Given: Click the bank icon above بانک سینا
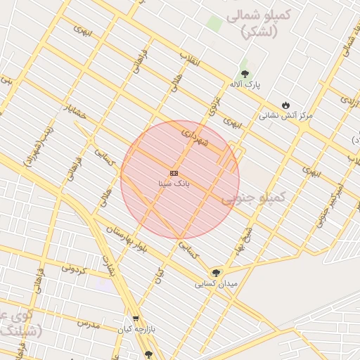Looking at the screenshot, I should [174, 173].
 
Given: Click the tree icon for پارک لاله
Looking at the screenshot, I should [245, 73].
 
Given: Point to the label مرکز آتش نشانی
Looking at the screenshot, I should [285, 115].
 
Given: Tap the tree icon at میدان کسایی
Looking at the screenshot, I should [216, 273].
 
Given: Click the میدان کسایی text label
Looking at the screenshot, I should [217, 284].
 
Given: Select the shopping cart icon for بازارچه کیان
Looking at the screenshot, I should [135, 319].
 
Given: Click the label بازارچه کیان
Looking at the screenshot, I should [135, 329].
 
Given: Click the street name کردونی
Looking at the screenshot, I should [75, 267].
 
